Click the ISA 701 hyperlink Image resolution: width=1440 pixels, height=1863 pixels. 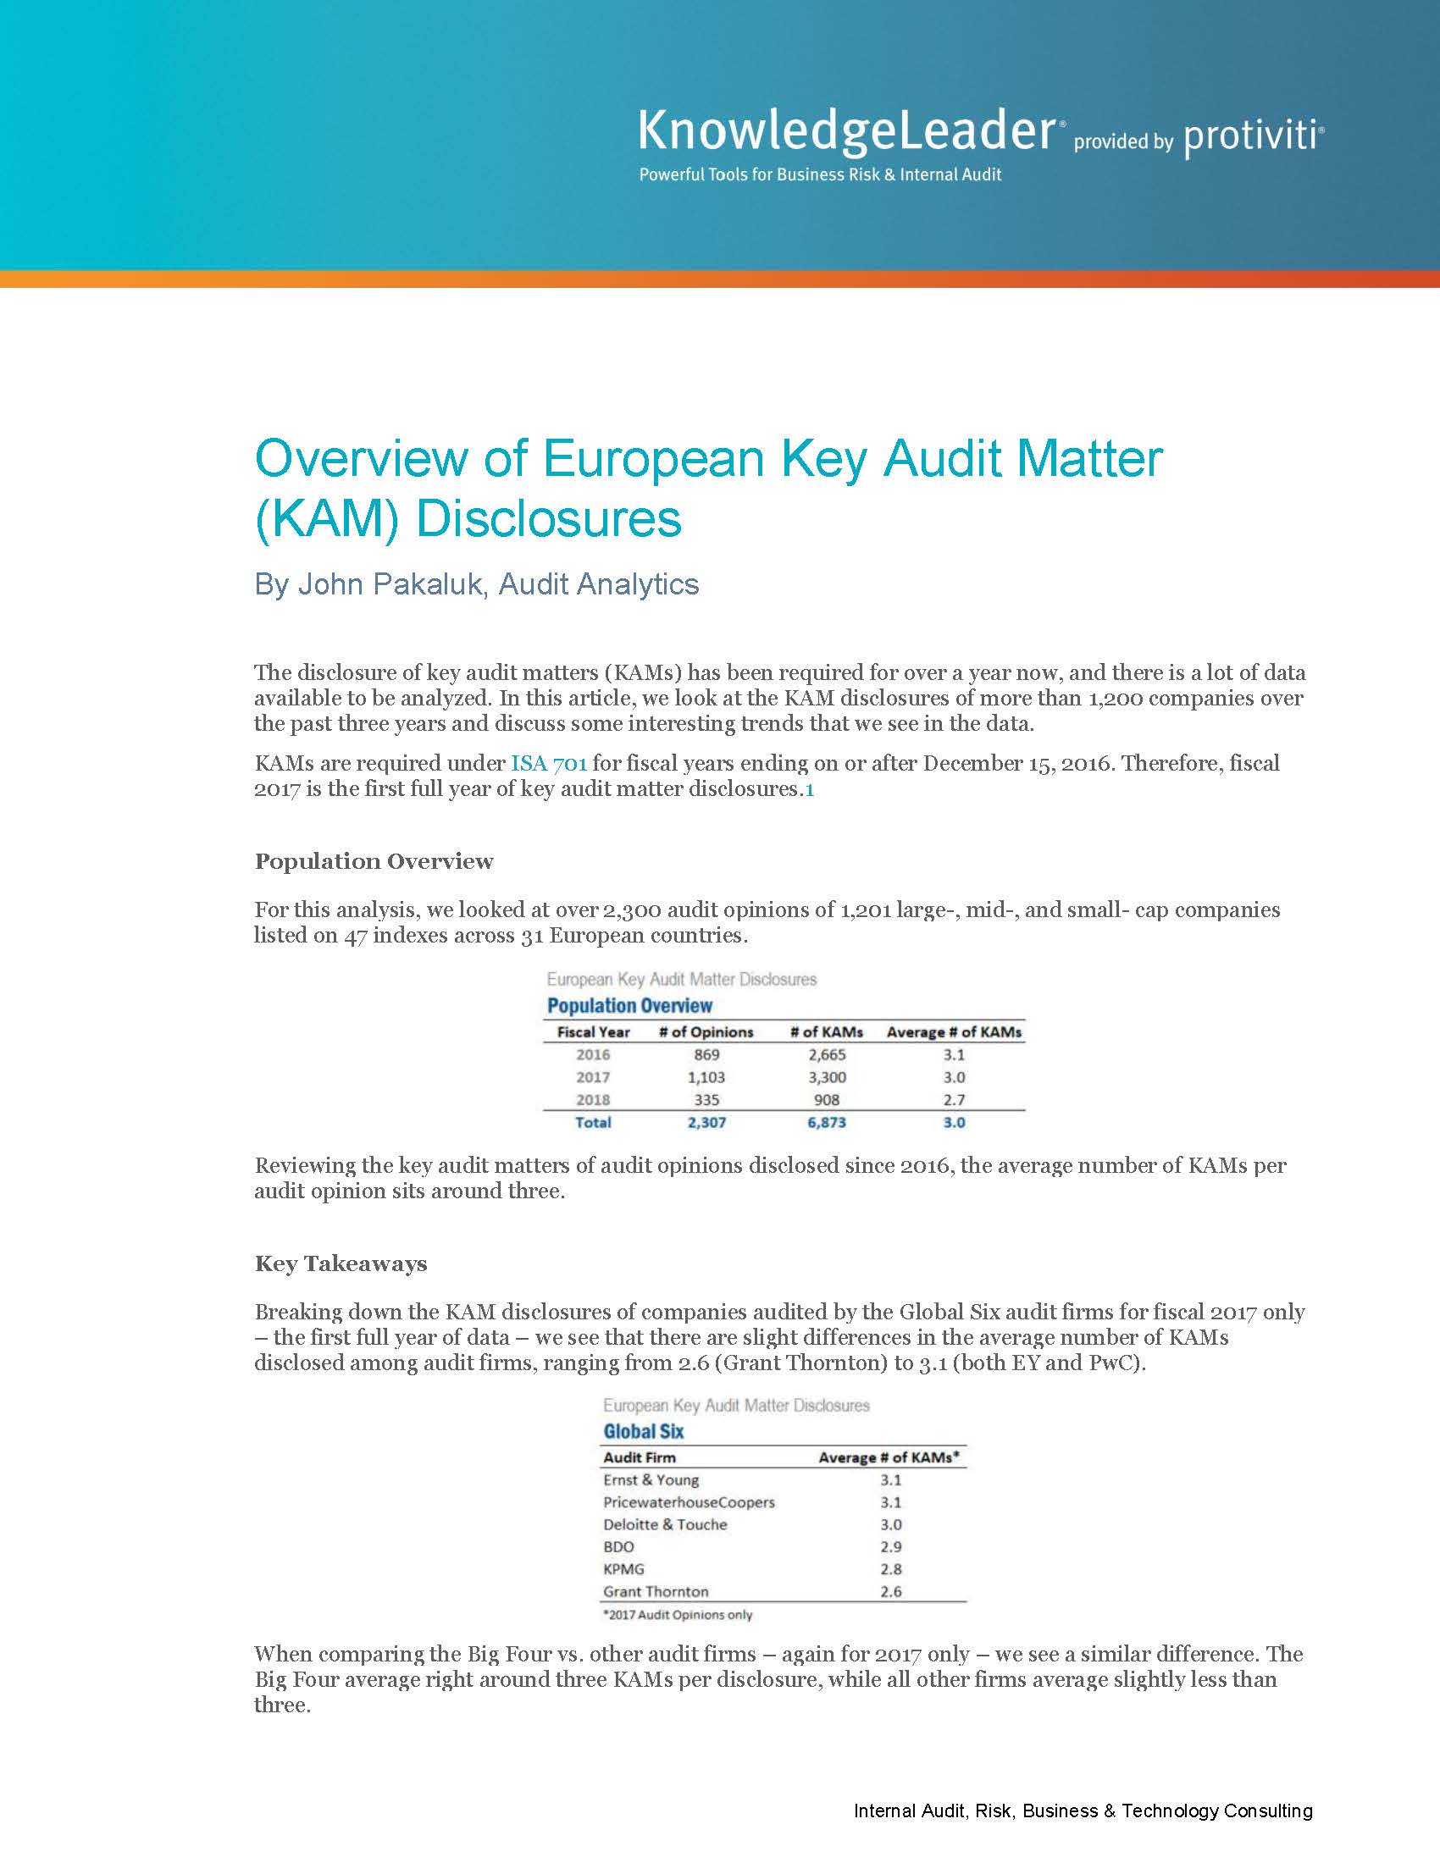[x=549, y=763]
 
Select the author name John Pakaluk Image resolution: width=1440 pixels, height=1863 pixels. [x=390, y=584]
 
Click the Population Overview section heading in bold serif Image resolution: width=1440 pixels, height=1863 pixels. [x=374, y=861]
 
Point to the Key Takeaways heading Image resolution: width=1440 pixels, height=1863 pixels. [x=341, y=1263]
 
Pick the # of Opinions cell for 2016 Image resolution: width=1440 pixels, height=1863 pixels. [x=706, y=1055]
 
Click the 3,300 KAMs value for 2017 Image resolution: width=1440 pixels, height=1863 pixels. [x=827, y=1077]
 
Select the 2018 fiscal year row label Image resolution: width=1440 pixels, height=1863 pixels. [x=593, y=1100]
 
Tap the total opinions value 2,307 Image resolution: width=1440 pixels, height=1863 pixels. [x=706, y=1123]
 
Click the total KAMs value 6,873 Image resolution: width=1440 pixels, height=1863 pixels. [x=827, y=1123]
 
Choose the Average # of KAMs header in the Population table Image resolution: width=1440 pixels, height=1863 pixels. [x=954, y=1032]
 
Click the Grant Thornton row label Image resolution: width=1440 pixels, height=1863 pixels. [x=655, y=1592]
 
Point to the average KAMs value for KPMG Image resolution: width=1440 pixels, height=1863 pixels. [x=890, y=1569]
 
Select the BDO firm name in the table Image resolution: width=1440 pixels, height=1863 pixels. [x=618, y=1547]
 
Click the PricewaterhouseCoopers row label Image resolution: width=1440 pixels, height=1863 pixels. [x=689, y=1502]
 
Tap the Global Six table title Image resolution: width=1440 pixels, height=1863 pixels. [x=643, y=1432]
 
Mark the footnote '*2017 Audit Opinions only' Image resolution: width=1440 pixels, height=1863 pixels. [x=678, y=1615]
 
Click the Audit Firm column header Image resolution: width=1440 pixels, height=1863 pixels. [x=639, y=1458]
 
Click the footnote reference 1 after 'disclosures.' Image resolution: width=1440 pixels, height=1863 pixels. [x=810, y=789]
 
